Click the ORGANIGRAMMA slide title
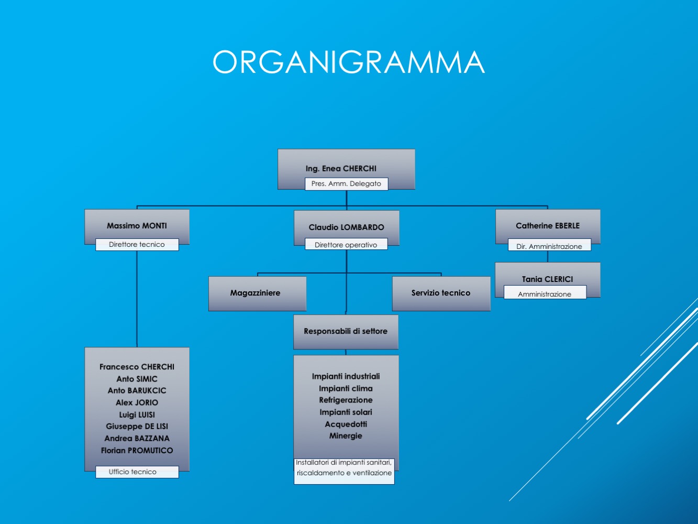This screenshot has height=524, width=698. coord(349,62)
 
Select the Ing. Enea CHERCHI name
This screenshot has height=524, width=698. coord(341,169)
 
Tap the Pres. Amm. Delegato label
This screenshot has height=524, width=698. coord(346,184)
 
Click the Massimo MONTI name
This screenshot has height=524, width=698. coord(137,225)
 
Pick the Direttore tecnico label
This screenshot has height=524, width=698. coord(137,244)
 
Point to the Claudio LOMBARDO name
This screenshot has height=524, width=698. coord(346,227)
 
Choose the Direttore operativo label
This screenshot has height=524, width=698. coord(346,244)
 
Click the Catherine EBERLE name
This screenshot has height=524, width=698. coord(548,225)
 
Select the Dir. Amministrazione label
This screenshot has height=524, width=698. coord(549,246)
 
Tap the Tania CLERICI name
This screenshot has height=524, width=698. coord(547,279)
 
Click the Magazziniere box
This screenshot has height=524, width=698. coord(257,293)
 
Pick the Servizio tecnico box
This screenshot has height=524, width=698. coord(441,293)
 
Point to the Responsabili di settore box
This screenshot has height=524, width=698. coord(346,332)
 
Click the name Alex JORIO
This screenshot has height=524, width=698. coord(137,402)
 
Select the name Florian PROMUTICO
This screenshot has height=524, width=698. coord(137,450)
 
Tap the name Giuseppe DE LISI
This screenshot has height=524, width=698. coord(137,427)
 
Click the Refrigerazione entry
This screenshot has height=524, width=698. coord(346,400)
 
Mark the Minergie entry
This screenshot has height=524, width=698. coord(346,435)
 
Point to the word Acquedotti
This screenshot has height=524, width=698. coord(346,424)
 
